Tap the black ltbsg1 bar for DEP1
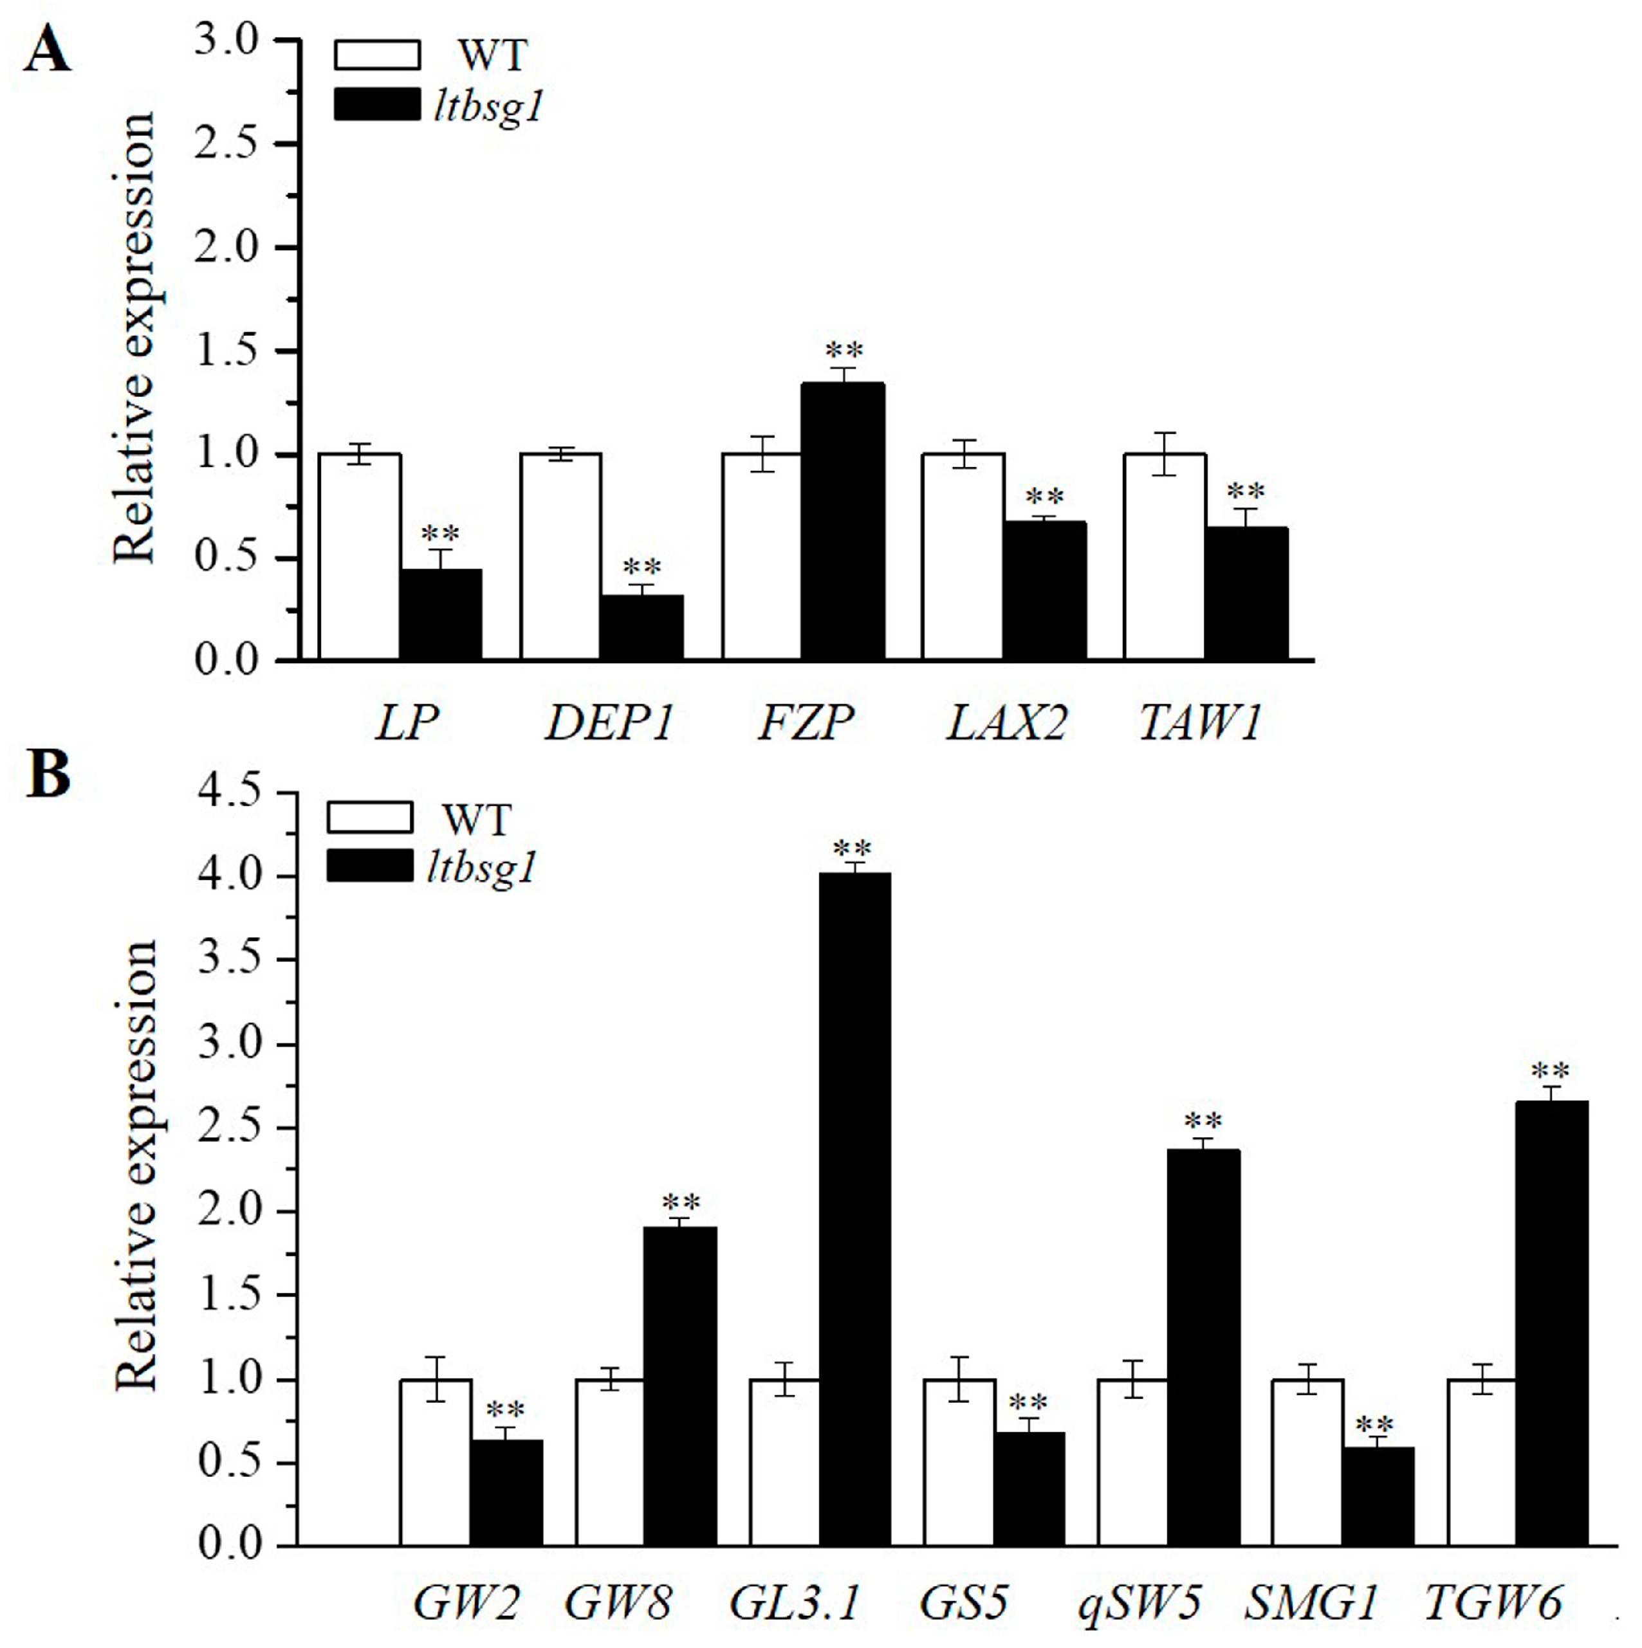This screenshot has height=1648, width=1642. (641, 627)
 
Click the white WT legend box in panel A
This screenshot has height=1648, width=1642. (376, 55)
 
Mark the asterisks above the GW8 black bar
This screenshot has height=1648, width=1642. (680, 1203)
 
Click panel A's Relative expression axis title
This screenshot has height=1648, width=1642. (135, 337)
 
